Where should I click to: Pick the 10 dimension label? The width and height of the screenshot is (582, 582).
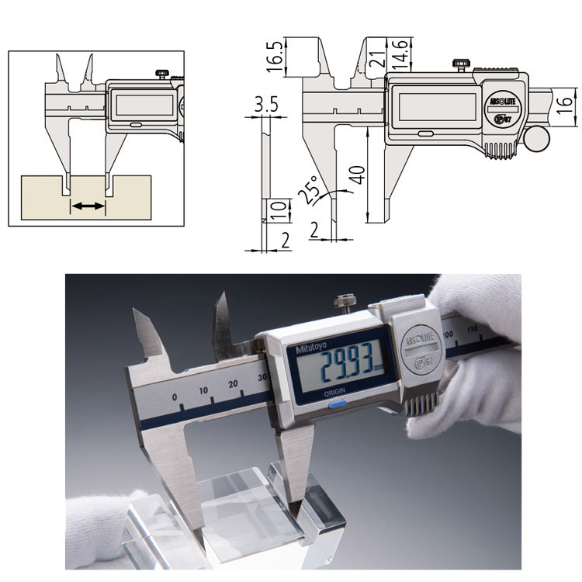281,210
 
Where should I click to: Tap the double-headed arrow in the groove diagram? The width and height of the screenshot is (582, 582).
87,206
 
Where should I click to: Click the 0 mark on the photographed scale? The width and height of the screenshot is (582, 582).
175,397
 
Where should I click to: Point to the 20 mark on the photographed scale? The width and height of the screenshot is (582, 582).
232,384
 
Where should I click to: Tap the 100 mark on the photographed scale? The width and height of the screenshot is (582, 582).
447,334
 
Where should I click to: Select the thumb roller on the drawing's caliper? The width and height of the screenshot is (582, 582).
535,138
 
